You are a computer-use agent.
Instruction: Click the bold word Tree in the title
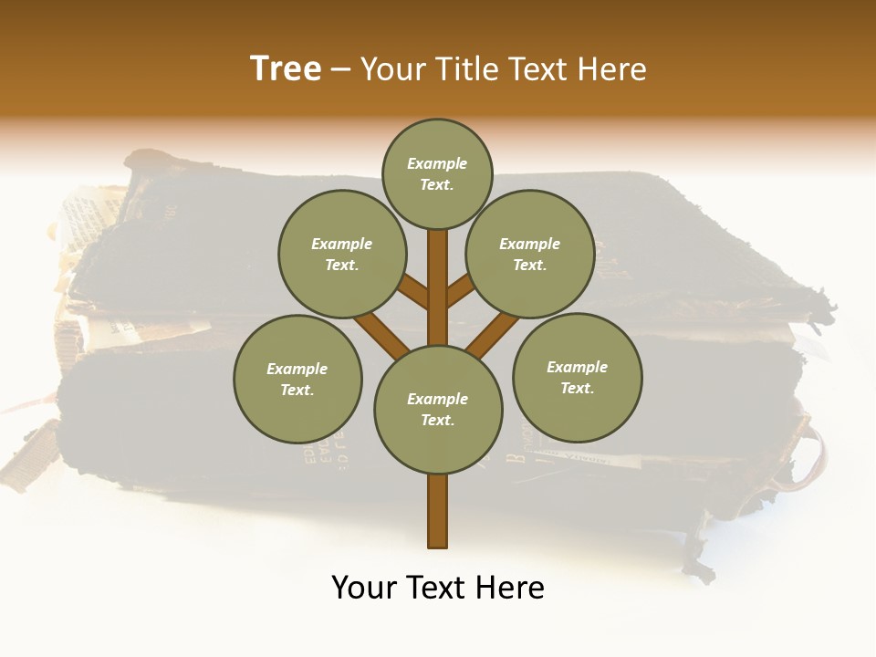(x=286, y=68)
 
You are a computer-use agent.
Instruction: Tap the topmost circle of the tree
(x=437, y=173)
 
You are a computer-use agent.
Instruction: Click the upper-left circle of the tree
(x=341, y=254)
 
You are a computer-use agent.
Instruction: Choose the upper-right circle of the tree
(x=529, y=254)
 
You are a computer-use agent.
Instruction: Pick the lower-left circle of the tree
(x=297, y=379)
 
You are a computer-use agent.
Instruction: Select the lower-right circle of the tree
(x=577, y=377)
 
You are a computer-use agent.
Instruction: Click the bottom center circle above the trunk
(x=438, y=409)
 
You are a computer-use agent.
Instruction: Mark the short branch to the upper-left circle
(x=414, y=293)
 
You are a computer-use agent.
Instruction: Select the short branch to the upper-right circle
(x=461, y=292)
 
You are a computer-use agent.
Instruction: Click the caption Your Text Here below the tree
(x=438, y=588)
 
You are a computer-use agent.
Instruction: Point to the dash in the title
(x=341, y=69)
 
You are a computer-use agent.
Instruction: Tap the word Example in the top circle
(x=437, y=163)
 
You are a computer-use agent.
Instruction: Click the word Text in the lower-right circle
(x=577, y=388)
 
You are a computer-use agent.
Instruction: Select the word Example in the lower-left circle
(x=297, y=369)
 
